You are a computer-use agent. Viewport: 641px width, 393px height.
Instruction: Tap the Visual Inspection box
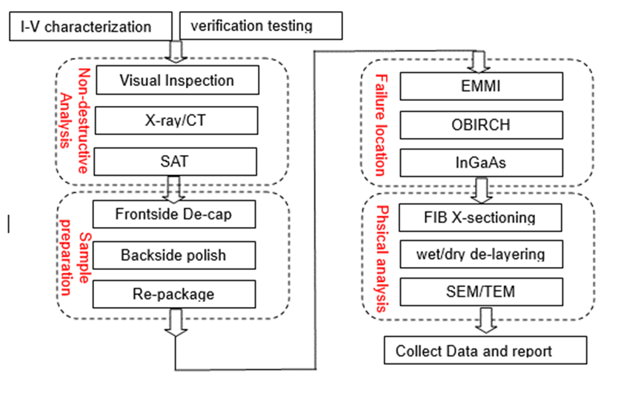[x=177, y=80]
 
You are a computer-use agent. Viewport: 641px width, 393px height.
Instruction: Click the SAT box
[x=177, y=161]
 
